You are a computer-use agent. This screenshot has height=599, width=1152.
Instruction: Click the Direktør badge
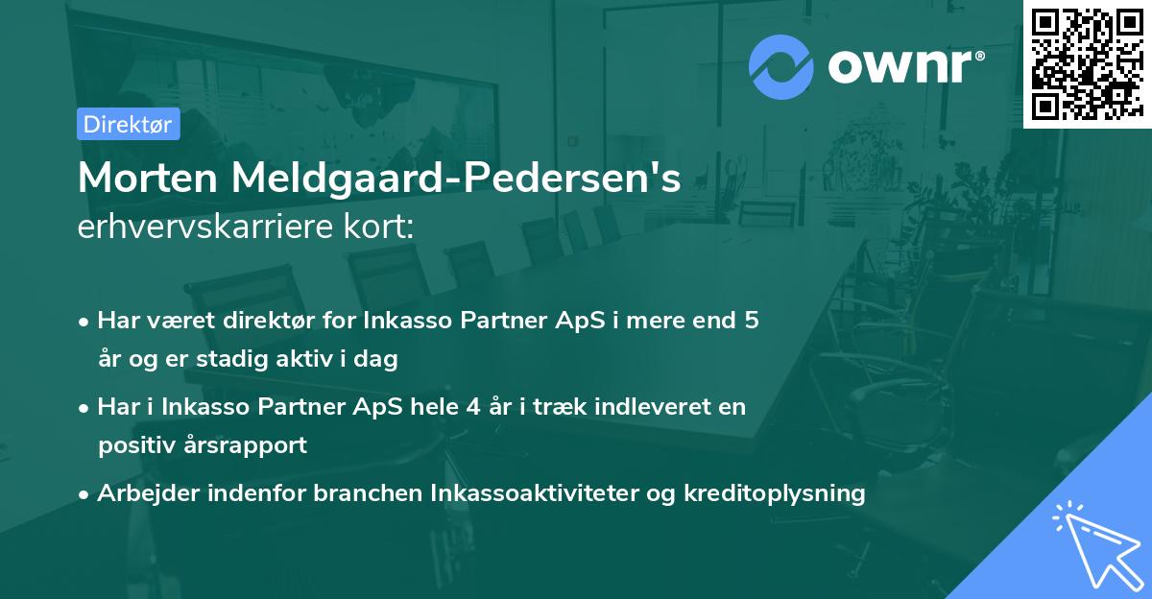click(128, 124)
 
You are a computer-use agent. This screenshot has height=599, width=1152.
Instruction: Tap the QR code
click(1087, 63)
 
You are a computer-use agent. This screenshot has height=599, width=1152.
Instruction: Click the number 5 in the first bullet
click(752, 320)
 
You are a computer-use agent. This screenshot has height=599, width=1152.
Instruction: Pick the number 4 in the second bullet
click(470, 406)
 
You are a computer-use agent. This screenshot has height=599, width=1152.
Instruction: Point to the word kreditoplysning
click(775, 493)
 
